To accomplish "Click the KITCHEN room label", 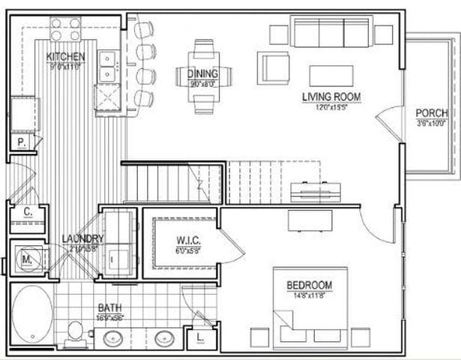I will click(x=65, y=57).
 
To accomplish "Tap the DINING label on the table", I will click(x=204, y=73).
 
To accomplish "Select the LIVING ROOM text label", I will click(x=331, y=97).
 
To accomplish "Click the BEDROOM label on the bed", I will click(x=309, y=286).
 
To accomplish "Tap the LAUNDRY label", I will click(x=82, y=239).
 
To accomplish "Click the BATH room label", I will click(x=109, y=307).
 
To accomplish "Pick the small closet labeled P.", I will click(x=20, y=143).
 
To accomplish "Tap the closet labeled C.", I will click(x=27, y=212).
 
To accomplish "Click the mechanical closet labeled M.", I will click(x=27, y=259).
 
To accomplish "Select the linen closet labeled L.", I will click(x=199, y=337).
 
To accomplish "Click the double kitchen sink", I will click(x=109, y=64).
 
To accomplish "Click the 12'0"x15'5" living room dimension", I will click(x=331, y=106).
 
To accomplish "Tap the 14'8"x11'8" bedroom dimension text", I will click(x=309, y=295).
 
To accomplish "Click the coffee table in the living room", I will click(x=331, y=74).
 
